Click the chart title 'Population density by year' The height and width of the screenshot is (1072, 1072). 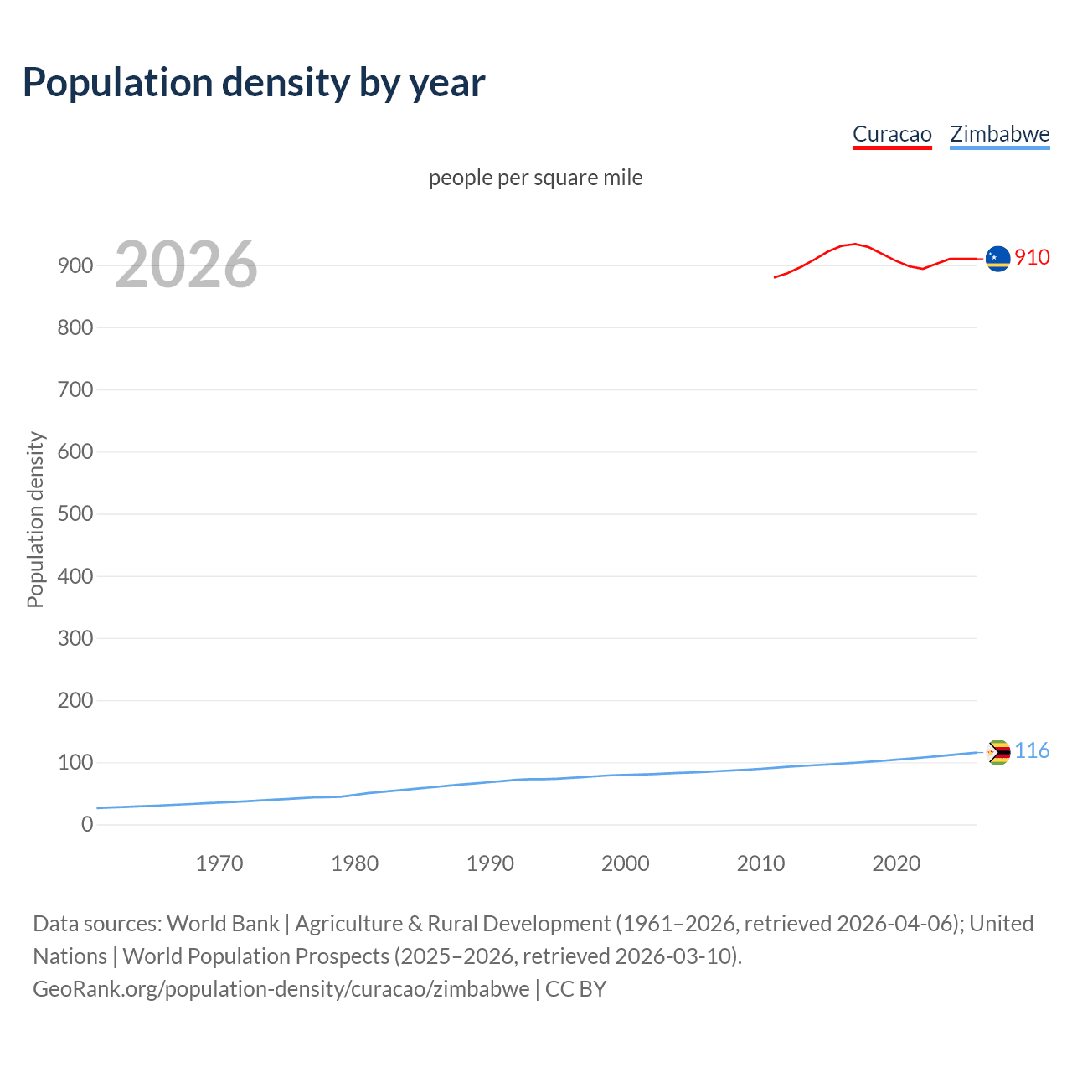pyautogui.click(x=254, y=83)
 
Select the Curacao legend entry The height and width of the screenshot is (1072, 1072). pyautogui.click(x=892, y=134)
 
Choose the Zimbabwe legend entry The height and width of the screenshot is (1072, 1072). pyautogui.click(x=999, y=134)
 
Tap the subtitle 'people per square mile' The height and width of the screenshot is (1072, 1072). pyautogui.click(x=535, y=178)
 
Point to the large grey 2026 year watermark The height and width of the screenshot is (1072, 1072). pyautogui.click(x=186, y=265)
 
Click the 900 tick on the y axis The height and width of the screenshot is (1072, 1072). pyautogui.click(x=75, y=265)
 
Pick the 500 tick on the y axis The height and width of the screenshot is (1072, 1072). pyautogui.click(x=75, y=513)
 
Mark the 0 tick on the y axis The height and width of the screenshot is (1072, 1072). pyautogui.click(x=87, y=824)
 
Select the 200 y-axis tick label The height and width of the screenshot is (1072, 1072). pyautogui.click(x=75, y=700)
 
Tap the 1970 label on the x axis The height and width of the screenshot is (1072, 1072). pyautogui.click(x=219, y=863)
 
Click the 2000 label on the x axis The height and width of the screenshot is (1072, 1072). pyautogui.click(x=625, y=863)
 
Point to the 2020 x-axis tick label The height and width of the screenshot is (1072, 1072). pyautogui.click(x=896, y=863)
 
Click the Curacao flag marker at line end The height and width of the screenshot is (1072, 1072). pyautogui.click(x=997, y=259)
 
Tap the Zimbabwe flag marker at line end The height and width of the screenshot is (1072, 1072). pyautogui.click(x=997, y=752)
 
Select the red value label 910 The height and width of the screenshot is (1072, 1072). pyautogui.click(x=1032, y=257)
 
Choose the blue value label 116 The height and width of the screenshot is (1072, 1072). pyautogui.click(x=1032, y=750)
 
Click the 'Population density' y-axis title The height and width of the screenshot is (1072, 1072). pyautogui.click(x=35, y=519)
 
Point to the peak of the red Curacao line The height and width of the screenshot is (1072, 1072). pyautogui.click(x=854, y=244)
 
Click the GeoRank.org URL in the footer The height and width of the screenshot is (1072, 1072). pyautogui.click(x=281, y=989)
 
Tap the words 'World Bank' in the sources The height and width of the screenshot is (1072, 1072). pyautogui.click(x=223, y=924)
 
